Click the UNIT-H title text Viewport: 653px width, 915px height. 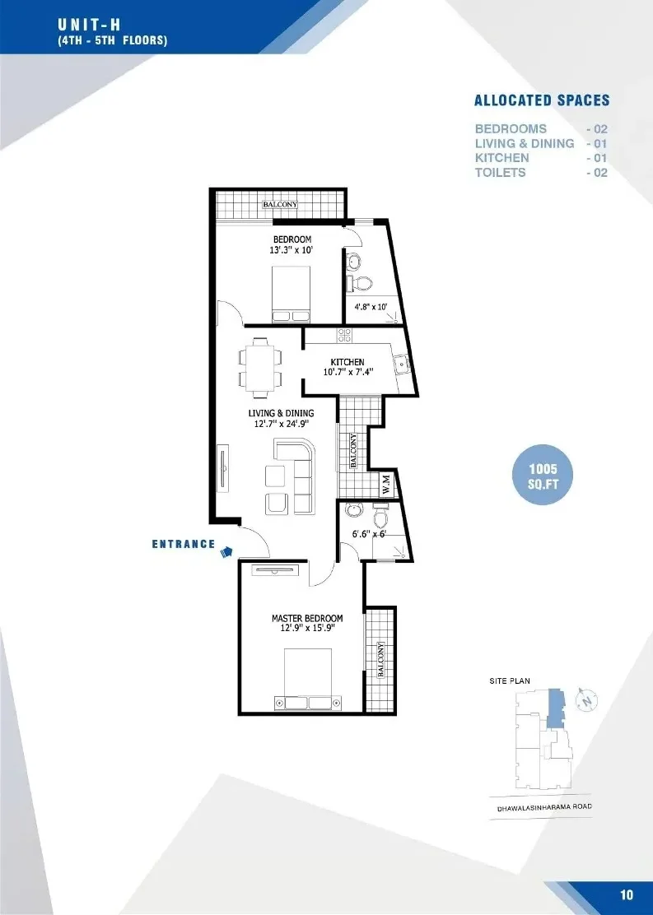click(89, 25)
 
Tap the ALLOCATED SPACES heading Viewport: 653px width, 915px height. click(542, 100)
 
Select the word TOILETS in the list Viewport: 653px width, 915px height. click(501, 172)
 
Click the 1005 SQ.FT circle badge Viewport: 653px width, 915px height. click(543, 476)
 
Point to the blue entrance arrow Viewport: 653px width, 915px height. click(226, 550)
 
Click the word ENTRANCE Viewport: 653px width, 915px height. click(184, 544)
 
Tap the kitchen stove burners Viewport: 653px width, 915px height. click(344, 335)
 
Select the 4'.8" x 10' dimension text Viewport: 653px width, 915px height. click(371, 306)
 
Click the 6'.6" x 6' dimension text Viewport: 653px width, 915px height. click(369, 533)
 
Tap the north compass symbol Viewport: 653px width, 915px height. click(588, 699)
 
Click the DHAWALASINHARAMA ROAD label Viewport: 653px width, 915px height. click(544, 808)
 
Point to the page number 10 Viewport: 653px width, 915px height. click(626, 894)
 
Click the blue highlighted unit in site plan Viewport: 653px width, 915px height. click(556, 708)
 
